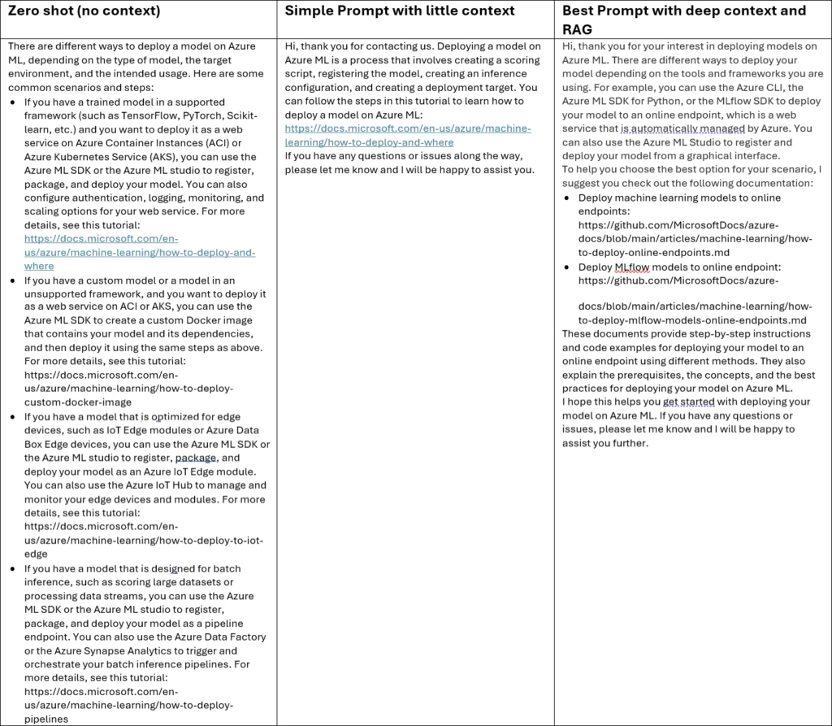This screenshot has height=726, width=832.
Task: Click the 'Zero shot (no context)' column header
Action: point(84,11)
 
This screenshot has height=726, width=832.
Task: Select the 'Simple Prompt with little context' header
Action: point(399,11)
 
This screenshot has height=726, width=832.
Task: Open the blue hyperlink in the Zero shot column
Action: point(139,252)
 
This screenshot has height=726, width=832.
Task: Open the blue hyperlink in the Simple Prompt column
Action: point(408,135)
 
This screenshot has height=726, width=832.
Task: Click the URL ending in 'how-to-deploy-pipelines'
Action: point(128,706)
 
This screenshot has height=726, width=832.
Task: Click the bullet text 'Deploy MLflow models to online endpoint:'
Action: point(679,267)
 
